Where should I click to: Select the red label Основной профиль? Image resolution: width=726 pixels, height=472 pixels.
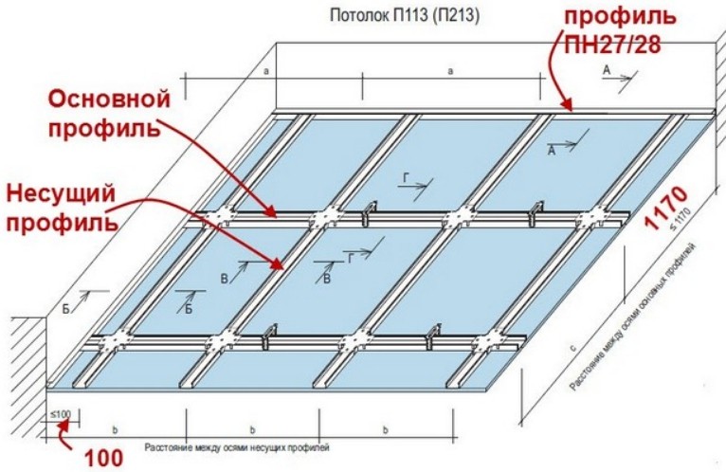click(108, 113)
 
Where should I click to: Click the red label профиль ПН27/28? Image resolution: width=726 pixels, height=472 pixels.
click(622, 31)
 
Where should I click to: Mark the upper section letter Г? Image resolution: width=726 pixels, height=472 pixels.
click(406, 177)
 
